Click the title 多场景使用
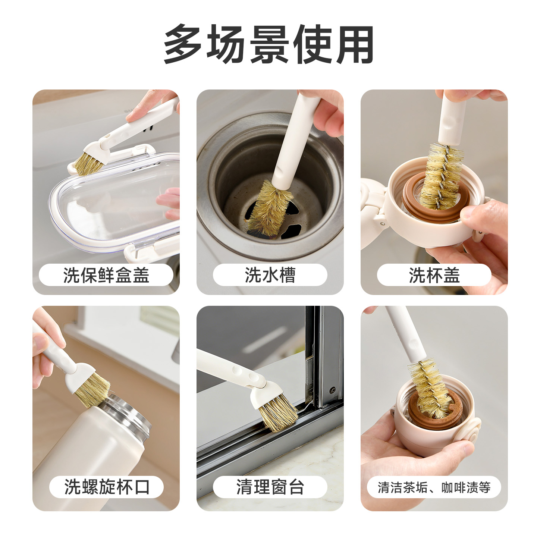268,44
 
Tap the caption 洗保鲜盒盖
106,275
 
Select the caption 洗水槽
270,275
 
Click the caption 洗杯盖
434,275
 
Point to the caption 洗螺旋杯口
107,487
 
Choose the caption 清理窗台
270,487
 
